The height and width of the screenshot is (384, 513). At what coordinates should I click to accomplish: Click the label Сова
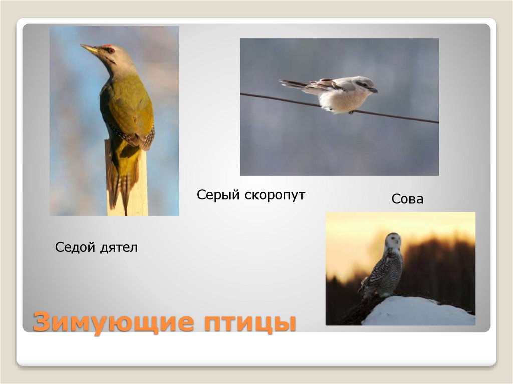pos(407,199)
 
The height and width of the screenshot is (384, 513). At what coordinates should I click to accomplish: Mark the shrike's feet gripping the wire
pos(352,112)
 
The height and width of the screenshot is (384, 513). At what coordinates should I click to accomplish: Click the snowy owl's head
pos(393,241)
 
